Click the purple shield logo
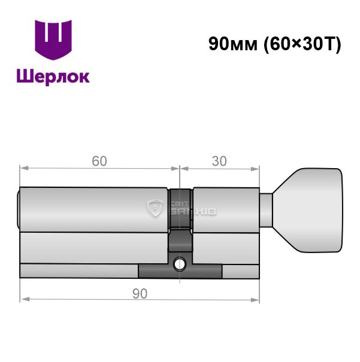tap(53, 39)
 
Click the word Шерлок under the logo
tap(53, 77)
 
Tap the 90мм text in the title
tap(233, 44)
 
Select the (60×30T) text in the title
tap(302, 44)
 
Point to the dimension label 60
tap(99, 161)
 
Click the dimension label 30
tap(219, 161)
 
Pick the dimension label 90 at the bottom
tap(140, 294)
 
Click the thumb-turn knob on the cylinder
tap(308, 211)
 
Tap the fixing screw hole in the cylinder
tap(180, 264)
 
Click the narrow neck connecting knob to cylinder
tap(266, 211)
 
